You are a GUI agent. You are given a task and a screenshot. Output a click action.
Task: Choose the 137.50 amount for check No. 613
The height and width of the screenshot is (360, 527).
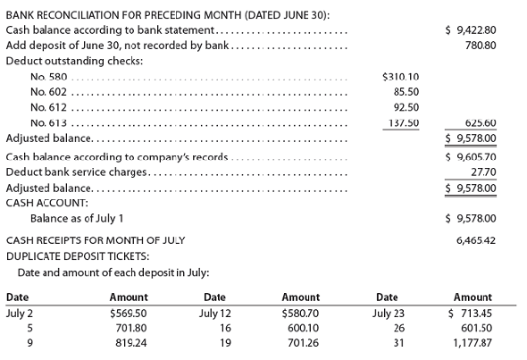[x=403, y=122]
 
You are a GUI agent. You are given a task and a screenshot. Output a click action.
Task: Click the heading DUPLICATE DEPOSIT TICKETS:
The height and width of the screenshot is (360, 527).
[x=74, y=255]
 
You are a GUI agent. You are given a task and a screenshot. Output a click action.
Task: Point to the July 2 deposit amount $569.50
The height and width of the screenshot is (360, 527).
[x=128, y=313]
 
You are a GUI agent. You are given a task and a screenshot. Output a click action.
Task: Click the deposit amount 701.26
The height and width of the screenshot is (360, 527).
[x=302, y=343]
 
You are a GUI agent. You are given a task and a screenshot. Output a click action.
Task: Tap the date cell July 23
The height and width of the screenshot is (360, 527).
[x=390, y=313]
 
